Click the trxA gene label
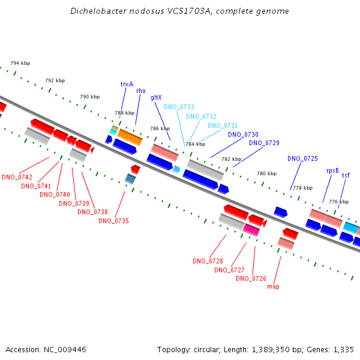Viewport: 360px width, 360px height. pyautogui.click(x=127, y=84)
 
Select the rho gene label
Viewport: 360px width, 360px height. pyautogui.click(x=141, y=91)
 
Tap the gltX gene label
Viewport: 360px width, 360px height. pyautogui.click(x=156, y=98)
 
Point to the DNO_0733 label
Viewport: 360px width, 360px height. pyautogui.click(x=179, y=107)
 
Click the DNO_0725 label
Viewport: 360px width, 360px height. pyautogui.click(x=302, y=158)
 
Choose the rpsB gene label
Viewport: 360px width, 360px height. pyautogui.click(x=332, y=171)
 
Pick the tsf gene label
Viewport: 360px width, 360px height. pyautogui.click(x=346, y=175)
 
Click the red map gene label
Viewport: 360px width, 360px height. pyautogui.click(x=273, y=287)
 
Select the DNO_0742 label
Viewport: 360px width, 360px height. pyautogui.click(x=17, y=177)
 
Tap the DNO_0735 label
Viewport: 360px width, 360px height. pyautogui.click(x=113, y=221)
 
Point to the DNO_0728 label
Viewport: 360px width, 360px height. pyautogui.click(x=208, y=261)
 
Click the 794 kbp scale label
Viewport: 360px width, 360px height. pyautogui.click(x=20, y=63)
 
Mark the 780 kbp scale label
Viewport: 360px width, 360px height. pyautogui.click(x=267, y=173)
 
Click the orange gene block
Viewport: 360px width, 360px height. pyautogui.click(x=130, y=137)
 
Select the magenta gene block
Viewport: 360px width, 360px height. pyautogui.click(x=251, y=230)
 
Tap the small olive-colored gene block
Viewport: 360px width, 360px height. pyautogui.click(x=115, y=128)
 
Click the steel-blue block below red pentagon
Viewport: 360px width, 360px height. pyautogui.click(x=130, y=179)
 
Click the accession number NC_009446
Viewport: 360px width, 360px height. pyautogui.click(x=65, y=350)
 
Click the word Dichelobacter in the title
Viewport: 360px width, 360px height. pyautogui.click(x=98, y=11)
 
